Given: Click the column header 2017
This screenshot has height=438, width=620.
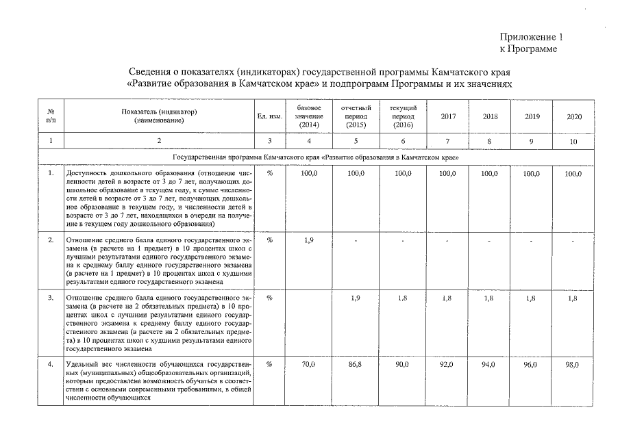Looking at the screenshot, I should pyautogui.click(x=447, y=116).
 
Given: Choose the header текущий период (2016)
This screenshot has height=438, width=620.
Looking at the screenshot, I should pyautogui.click(x=402, y=116).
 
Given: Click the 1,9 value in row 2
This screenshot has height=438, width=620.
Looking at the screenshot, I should pyautogui.click(x=308, y=241).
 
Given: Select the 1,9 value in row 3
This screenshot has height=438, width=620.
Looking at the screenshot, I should pyautogui.click(x=355, y=298).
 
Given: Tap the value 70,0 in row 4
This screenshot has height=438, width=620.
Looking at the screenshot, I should pyautogui.click(x=308, y=365).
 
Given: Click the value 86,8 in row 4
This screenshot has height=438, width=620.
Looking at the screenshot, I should pyautogui.click(x=355, y=365).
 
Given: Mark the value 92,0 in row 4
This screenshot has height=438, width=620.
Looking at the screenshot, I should pyautogui.click(x=447, y=365).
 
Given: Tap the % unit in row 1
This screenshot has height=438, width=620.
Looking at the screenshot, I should pyautogui.click(x=269, y=175).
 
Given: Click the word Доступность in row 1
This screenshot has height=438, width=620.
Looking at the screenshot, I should pyautogui.click(x=86, y=175).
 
